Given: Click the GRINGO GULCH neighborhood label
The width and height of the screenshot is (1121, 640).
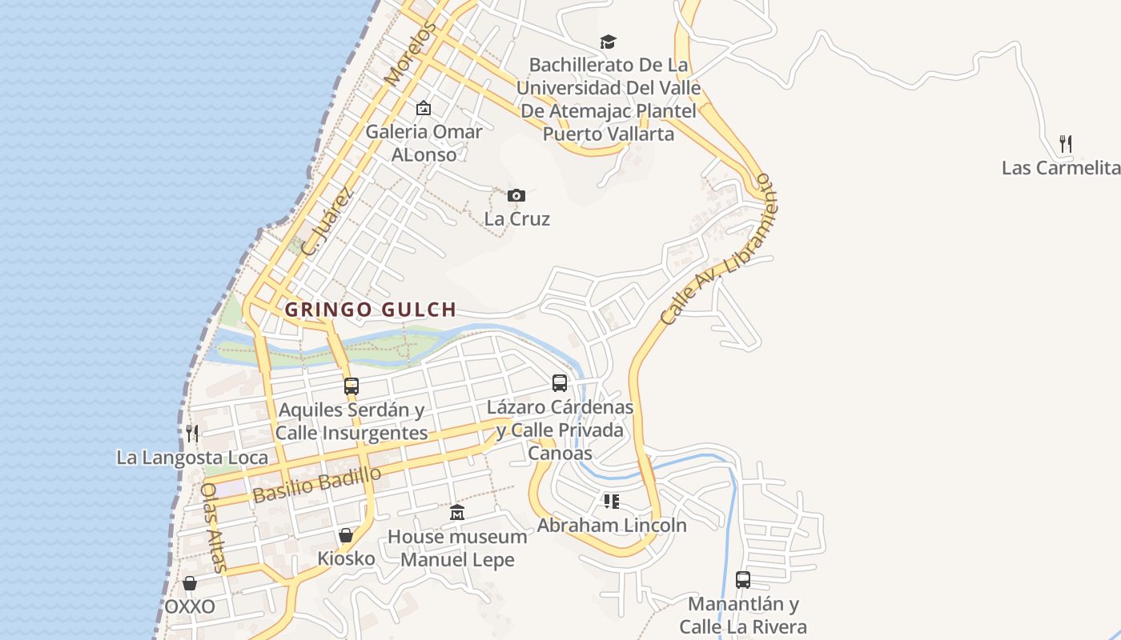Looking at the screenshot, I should [x=371, y=310].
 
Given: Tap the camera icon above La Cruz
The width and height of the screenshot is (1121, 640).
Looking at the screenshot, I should [x=516, y=195].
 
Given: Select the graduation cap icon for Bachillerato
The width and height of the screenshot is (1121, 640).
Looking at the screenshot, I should [x=609, y=42].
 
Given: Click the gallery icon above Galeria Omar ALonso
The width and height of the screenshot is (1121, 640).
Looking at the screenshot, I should [x=424, y=108].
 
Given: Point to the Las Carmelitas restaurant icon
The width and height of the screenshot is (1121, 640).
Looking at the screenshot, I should [x=1066, y=144].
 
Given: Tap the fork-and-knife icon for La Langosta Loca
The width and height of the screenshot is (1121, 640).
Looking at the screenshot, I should [x=192, y=434].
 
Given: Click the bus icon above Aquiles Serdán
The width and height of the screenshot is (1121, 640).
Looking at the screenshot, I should [x=351, y=386].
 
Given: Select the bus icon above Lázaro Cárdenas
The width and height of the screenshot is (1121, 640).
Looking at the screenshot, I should [x=560, y=383].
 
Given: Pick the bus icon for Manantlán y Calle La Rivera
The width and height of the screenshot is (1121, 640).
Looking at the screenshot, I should [x=743, y=580].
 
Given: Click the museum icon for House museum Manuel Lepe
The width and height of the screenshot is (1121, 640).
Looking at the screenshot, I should [x=457, y=512].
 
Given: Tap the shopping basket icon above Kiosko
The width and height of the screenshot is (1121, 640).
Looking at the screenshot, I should [x=346, y=534].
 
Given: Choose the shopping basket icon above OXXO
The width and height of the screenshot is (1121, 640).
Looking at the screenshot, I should [x=190, y=583].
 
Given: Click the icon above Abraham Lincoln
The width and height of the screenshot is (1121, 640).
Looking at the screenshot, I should [x=612, y=502].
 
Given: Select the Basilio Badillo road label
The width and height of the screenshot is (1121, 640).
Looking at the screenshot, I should [x=317, y=485].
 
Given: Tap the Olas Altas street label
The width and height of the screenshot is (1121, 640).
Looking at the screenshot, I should [x=213, y=527].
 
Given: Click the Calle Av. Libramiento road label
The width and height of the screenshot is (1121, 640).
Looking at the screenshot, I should [x=717, y=250].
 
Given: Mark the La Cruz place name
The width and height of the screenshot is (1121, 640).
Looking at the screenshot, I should [x=517, y=218].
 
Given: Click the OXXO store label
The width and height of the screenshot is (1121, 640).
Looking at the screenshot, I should [x=190, y=606].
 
